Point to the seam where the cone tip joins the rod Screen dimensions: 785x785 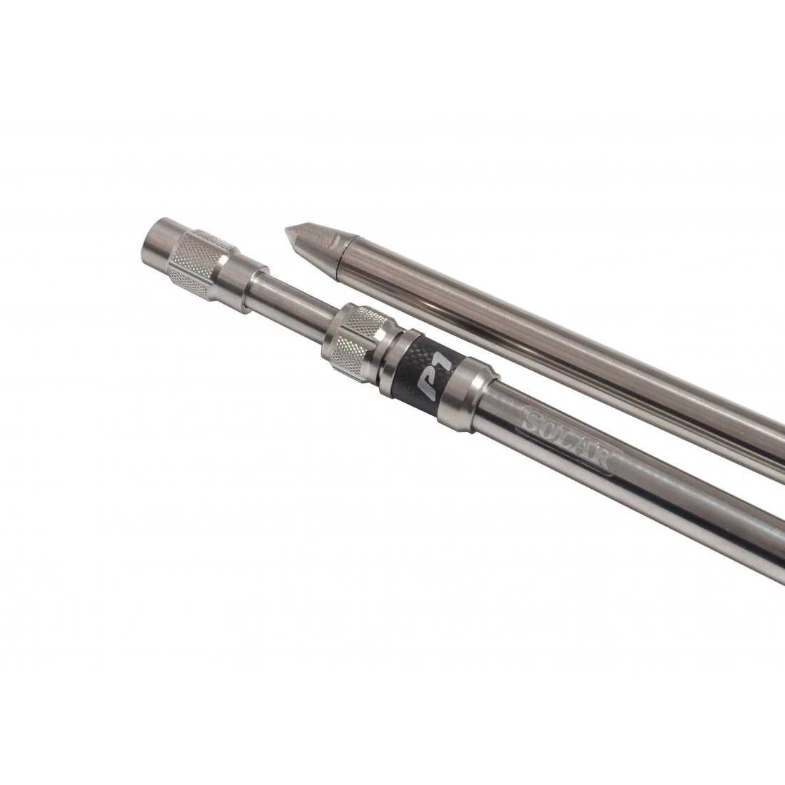pyautogui.click(x=345, y=252)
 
